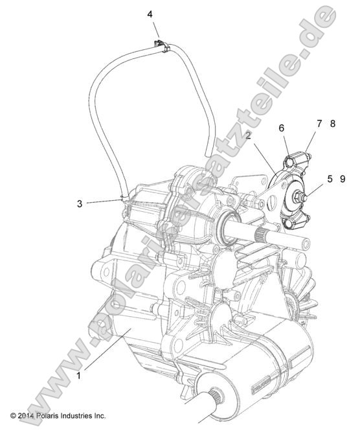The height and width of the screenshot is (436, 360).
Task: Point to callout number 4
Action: click(x=150, y=14)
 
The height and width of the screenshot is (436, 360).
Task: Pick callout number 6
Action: click(x=282, y=128)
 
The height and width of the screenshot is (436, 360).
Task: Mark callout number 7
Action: click(x=319, y=122)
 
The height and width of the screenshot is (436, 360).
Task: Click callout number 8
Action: click(x=332, y=122)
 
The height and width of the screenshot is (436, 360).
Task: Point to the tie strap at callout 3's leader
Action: click(x=122, y=200)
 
